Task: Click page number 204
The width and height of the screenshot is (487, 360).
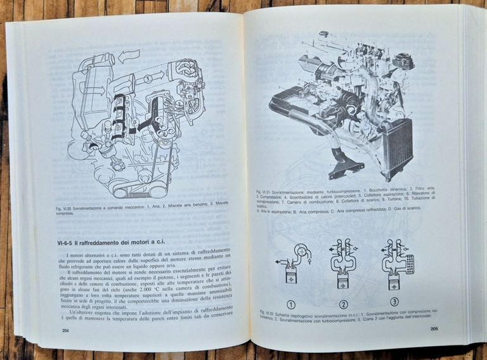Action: coord(66,330)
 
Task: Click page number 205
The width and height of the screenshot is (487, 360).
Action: coord(434,329)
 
